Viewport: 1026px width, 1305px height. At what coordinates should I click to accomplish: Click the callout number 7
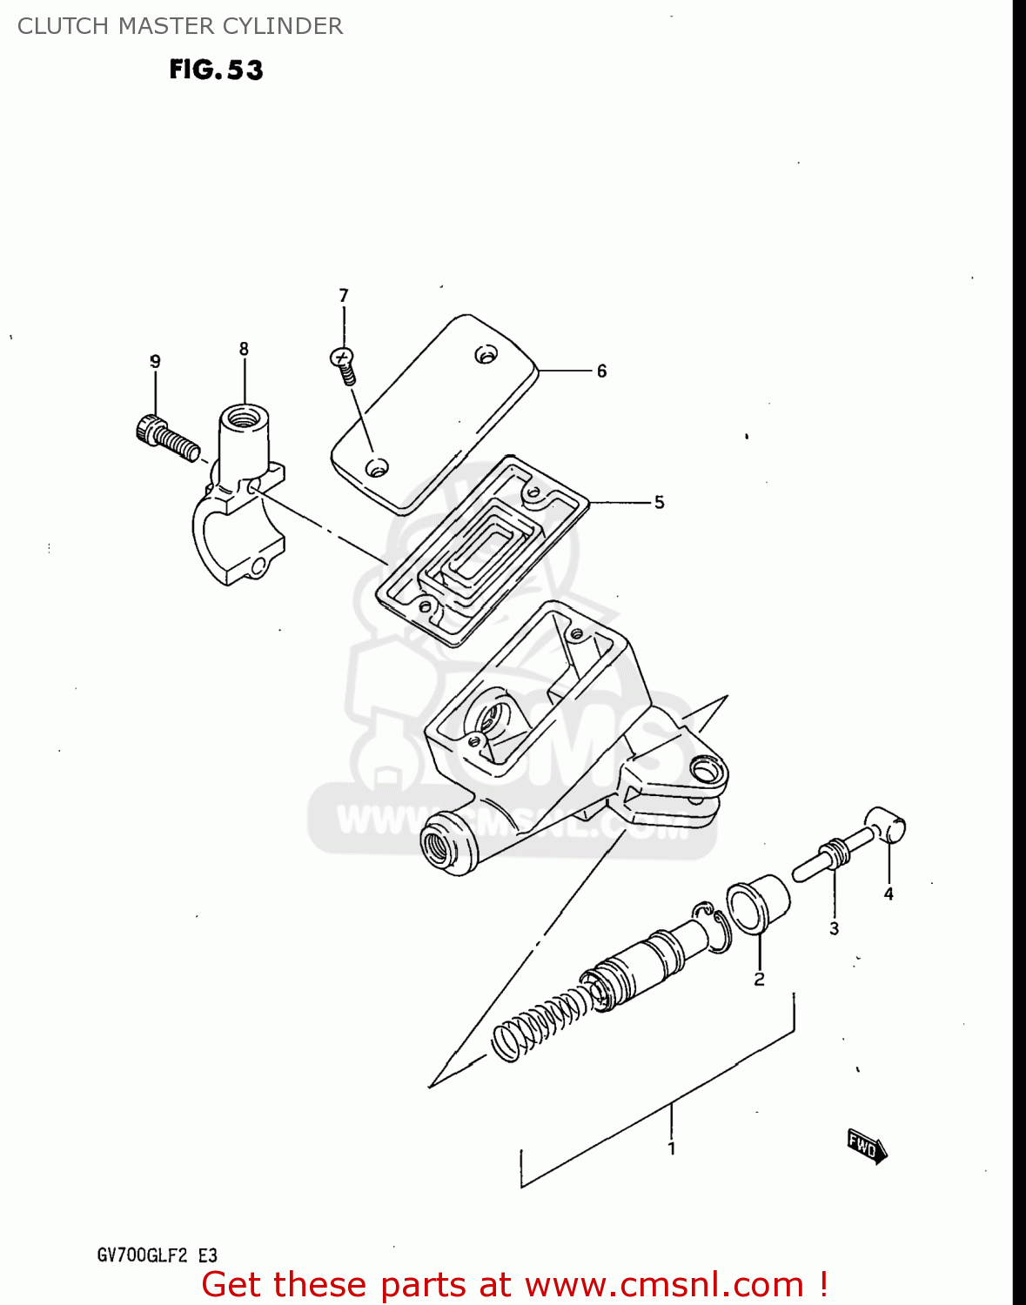(x=344, y=296)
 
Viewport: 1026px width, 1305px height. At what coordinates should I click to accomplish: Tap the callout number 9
(x=155, y=362)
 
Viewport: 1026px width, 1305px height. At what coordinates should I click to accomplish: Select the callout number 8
(x=244, y=349)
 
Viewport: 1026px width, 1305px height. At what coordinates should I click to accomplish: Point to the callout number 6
(x=601, y=371)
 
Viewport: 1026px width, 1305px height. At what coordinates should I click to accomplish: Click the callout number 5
(x=659, y=503)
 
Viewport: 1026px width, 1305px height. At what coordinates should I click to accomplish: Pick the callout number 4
(x=889, y=893)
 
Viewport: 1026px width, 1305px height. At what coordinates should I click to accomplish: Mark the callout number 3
(x=834, y=929)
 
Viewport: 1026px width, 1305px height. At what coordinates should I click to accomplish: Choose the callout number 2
(x=759, y=980)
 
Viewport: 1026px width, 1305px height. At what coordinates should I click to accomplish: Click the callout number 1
(x=671, y=1148)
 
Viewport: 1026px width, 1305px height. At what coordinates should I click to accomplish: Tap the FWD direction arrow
(x=867, y=1146)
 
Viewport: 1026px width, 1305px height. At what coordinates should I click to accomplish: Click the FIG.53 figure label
(x=216, y=70)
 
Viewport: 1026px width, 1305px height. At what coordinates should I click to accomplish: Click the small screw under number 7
(x=344, y=365)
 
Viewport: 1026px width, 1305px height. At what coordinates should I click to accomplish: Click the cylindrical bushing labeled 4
(x=886, y=825)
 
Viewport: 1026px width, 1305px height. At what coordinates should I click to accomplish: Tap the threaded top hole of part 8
(x=244, y=417)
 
